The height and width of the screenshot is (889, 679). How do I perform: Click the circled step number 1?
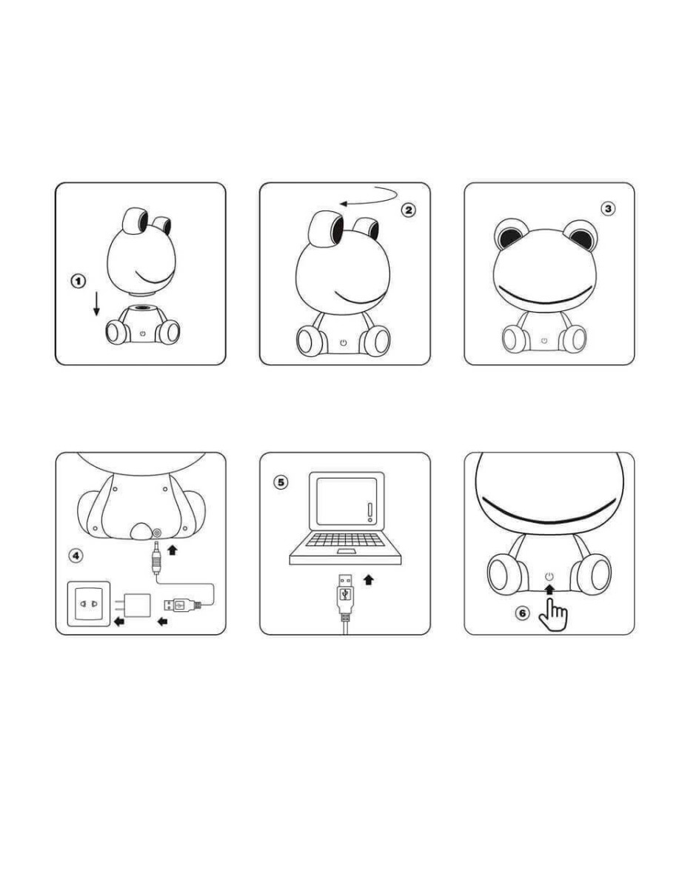(78, 281)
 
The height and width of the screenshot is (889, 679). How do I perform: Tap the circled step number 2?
(408, 210)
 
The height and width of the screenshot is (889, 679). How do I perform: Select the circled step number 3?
(608, 209)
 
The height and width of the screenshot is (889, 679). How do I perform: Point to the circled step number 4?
(76, 556)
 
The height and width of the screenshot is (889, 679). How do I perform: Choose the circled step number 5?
(281, 482)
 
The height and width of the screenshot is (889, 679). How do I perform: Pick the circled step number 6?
(523, 613)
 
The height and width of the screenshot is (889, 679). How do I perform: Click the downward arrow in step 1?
(96, 304)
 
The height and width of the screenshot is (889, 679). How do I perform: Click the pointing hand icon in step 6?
(553, 615)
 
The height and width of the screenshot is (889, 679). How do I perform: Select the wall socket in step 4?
(89, 604)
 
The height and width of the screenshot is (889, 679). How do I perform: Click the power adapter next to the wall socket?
(133, 605)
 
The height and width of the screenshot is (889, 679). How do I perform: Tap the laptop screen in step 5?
(347, 502)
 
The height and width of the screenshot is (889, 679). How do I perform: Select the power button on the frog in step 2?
(343, 343)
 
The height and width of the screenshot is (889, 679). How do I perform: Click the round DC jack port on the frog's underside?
(158, 533)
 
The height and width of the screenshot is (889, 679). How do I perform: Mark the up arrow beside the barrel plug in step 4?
(173, 550)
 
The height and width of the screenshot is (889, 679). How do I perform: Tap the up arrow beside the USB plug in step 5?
(368, 579)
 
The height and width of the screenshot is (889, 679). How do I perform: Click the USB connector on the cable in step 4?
(181, 605)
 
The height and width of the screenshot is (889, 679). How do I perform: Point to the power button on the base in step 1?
(142, 333)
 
